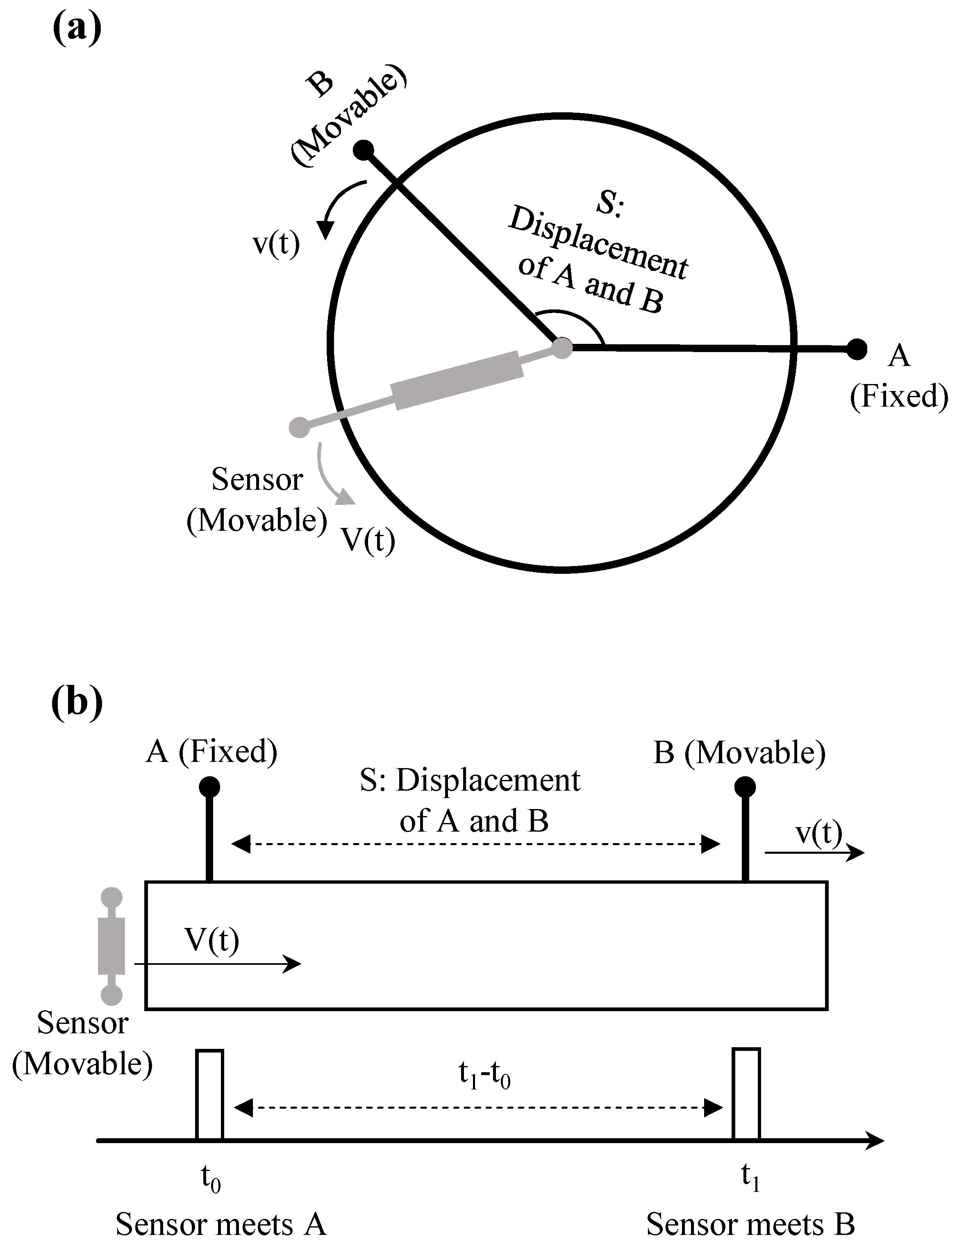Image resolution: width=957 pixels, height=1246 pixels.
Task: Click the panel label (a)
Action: (x=77, y=29)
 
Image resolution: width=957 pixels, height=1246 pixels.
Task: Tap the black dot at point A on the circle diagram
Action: (x=856, y=349)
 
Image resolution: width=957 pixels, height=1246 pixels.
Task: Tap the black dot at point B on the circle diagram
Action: (x=364, y=150)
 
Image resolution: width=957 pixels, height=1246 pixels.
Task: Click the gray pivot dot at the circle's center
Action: (x=562, y=347)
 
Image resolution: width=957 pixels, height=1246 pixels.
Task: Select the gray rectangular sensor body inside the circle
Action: (x=457, y=380)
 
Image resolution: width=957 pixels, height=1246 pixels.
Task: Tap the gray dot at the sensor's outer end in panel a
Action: (x=299, y=427)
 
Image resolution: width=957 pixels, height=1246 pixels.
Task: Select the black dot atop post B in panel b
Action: (x=745, y=787)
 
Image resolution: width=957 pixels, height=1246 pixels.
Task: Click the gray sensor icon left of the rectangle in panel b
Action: (x=111, y=946)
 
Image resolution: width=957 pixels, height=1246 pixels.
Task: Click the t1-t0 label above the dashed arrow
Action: (x=484, y=1075)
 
